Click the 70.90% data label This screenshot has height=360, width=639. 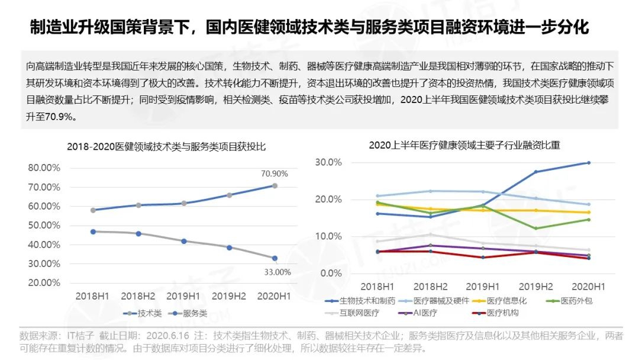pyautogui.click(x=274, y=174)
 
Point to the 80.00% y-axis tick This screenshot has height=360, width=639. pyautogui.click(x=44, y=168)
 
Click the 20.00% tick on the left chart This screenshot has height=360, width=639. pyautogui.click(x=44, y=282)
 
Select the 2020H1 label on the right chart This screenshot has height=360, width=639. pyautogui.click(x=588, y=286)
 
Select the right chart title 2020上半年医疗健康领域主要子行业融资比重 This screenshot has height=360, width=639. pyautogui.click(x=464, y=144)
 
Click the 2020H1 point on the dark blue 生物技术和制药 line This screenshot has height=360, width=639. pyautogui.click(x=588, y=163)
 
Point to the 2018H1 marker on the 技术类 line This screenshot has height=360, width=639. pyautogui.click(x=93, y=210)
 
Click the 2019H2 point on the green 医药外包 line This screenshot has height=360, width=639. pyautogui.click(x=536, y=229)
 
